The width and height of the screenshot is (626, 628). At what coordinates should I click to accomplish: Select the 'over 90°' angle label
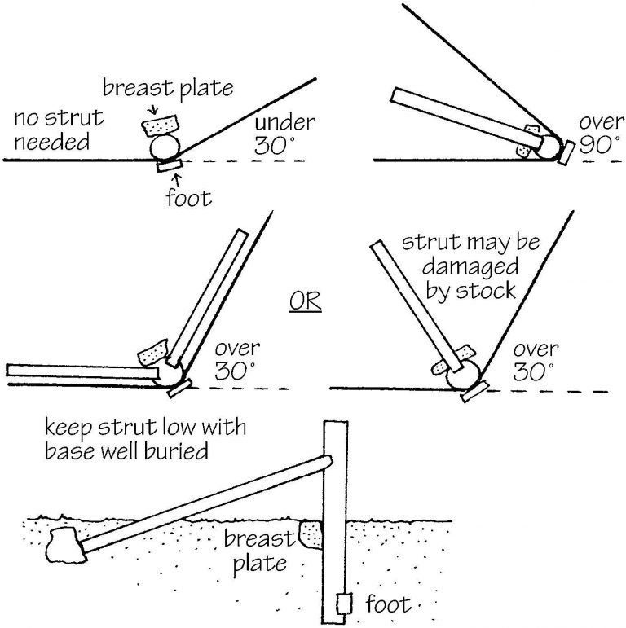[x=602, y=135]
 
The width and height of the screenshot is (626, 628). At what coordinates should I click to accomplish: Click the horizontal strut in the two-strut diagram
[x=82, y=371]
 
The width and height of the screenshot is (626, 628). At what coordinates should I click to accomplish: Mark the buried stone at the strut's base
[x=64, y=546]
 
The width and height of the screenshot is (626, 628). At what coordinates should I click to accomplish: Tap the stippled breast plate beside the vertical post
[x=311, y=534]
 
